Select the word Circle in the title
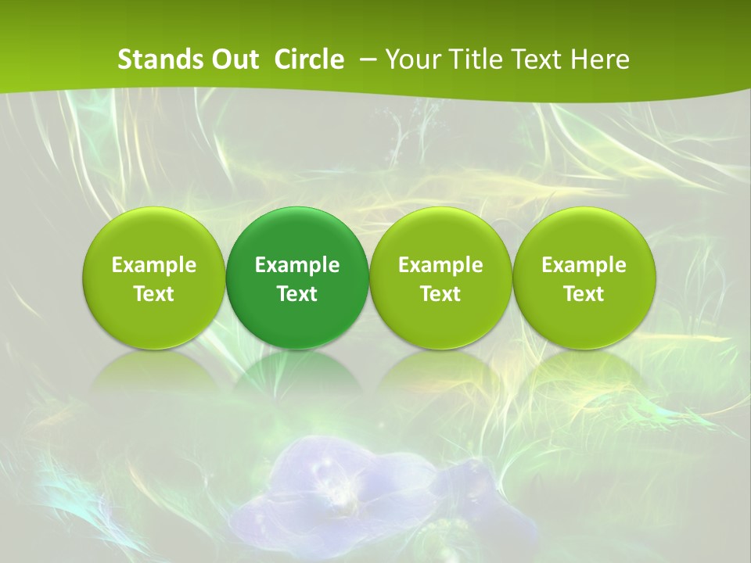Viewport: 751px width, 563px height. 309,59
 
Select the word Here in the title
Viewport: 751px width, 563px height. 600,59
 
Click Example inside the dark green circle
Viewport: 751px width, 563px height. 297,265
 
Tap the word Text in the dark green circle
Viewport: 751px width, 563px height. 297,294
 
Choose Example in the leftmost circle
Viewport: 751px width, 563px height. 154,265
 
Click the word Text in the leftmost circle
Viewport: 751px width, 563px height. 154,294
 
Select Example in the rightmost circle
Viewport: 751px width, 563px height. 584,265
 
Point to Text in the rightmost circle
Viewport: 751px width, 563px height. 584,294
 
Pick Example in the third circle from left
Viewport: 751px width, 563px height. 440,265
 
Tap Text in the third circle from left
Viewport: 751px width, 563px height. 440,294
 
